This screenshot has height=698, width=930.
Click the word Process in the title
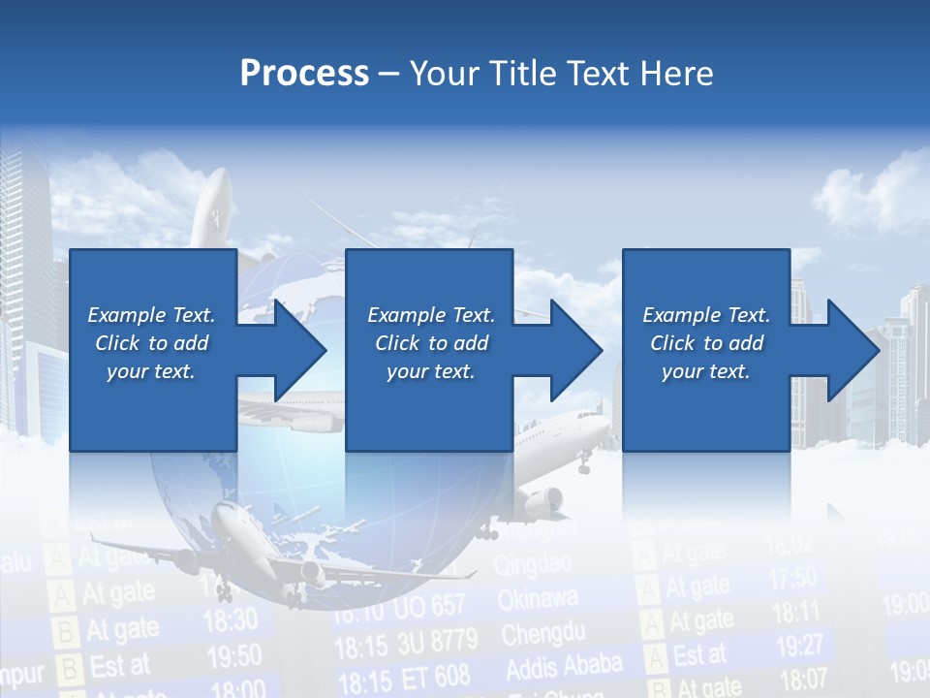(304, 74)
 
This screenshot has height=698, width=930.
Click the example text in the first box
(151, 343)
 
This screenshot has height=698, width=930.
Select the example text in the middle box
(431, 343)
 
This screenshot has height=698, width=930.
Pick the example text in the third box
(706, 343)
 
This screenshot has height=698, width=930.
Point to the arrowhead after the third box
(852, 350)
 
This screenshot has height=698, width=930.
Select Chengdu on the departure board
(542, 635)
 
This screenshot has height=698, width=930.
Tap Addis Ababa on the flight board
(564, 667)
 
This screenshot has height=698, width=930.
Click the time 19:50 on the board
(233, 656)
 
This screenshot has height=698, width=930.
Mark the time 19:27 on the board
(799, 645)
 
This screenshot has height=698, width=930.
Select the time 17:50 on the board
(792, 579)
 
